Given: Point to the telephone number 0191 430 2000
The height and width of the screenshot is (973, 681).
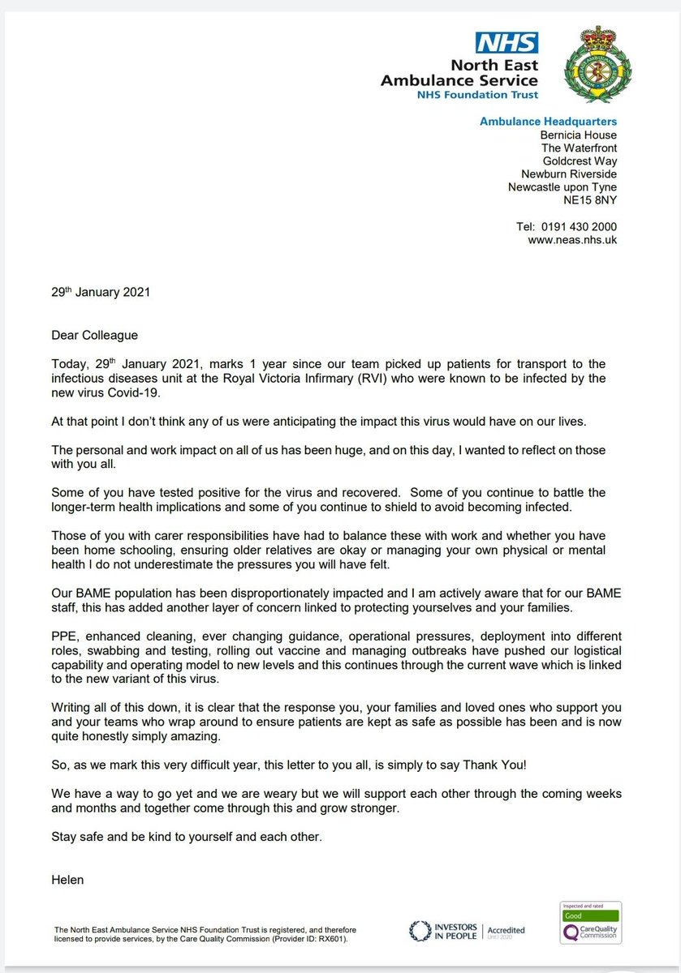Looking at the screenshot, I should pos(579,228).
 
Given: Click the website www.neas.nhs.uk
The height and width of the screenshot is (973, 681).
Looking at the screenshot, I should pos(572,241).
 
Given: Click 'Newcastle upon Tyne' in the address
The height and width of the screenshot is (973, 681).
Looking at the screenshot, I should pos(562,186).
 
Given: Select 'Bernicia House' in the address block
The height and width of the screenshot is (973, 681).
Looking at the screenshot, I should pos(579,135).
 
